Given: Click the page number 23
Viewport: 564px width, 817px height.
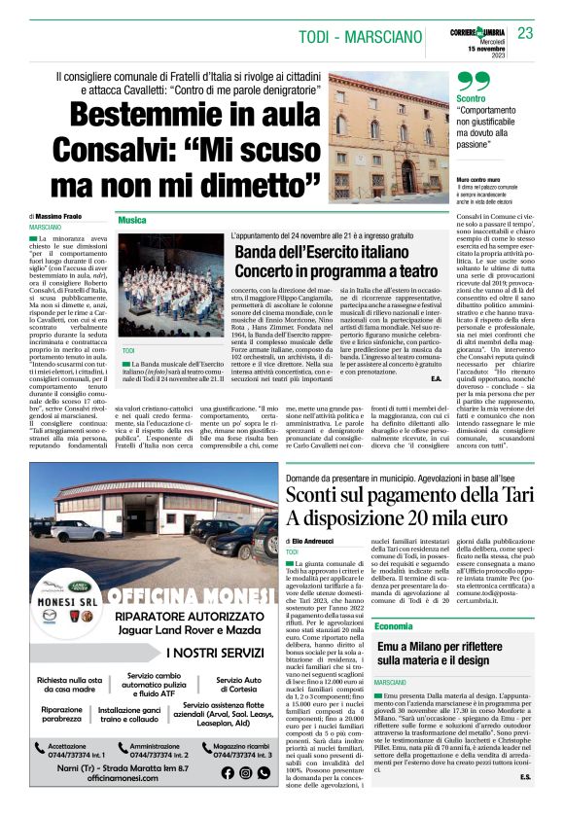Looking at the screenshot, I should [525, 33].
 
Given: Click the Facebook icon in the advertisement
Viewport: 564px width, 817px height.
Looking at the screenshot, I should [228, 772].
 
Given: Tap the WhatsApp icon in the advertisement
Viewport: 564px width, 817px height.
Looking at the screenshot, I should [244, 772].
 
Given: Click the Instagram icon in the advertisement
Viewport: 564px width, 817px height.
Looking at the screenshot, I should [262, 772].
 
